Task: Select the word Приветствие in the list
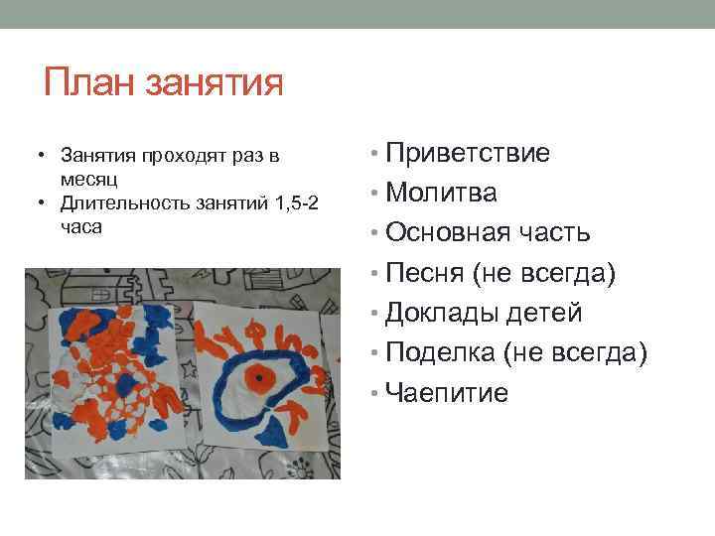(x=468, y=154)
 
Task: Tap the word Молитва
(x=441, y=193)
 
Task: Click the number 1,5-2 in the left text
(x=291, y=204)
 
